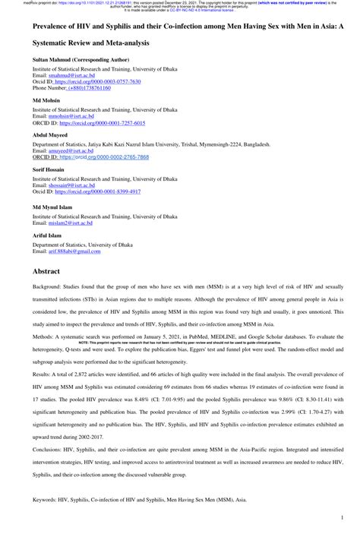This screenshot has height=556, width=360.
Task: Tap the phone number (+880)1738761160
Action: click(88, 87)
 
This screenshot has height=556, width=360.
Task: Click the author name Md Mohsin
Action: click(44, 100)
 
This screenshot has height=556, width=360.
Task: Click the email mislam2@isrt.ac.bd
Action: click(68, 224)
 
